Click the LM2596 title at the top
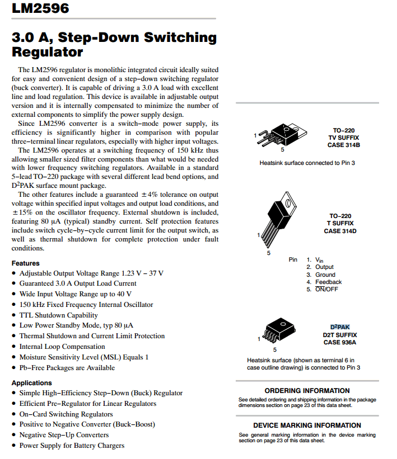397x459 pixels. (x=40, y=8)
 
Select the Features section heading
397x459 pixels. (x=26, y=263)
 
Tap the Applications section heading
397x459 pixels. (x=32, y=383)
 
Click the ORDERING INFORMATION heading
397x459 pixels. (x=307, y=391)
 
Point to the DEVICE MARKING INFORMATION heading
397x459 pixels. (x=307, y=425)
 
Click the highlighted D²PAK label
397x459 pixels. (x=340, y=327)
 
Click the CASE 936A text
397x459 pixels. (x=340, y=342)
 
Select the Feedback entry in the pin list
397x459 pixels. (x=328, y=282)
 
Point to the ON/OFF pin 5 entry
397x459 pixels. (x=326, y=289)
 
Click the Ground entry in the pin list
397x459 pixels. (x=325, y=275)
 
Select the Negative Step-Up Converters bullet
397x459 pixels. (x=64, y=434)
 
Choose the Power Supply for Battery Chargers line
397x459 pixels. (x=72, y=445)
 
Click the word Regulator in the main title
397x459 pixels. (x=48, y=53)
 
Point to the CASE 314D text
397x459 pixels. (x=340, y=231)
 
